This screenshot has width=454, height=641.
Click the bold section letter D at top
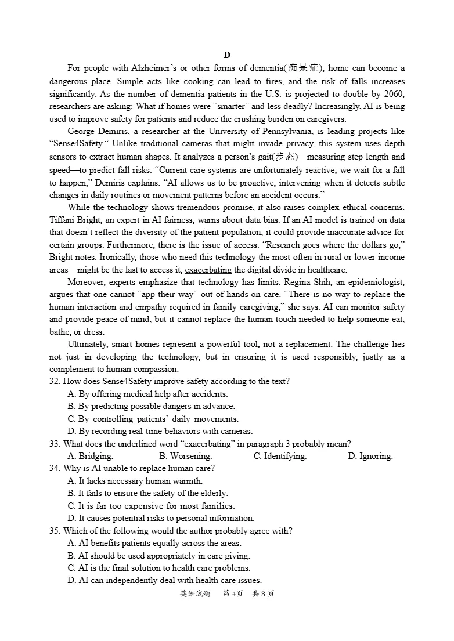pos(227,55)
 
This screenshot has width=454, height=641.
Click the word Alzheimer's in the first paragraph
pos(153,68)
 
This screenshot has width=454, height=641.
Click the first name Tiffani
pos(63,220)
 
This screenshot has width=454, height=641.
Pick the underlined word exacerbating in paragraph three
pos(208,270)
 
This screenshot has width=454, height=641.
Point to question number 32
pos(55,381)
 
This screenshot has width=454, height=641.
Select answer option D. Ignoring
pos(370,456)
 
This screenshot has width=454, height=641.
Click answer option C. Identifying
pos(280,456)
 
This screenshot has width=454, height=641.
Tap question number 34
pos(55,468)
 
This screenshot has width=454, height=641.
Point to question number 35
pos(55,531)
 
